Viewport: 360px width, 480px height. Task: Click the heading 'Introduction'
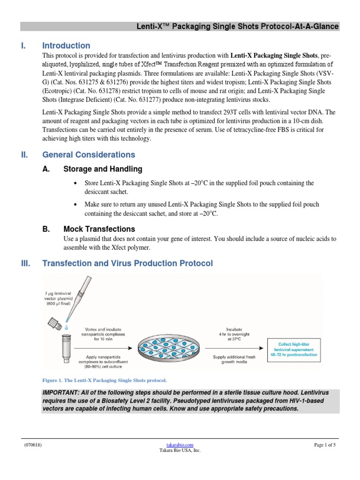[66, 46]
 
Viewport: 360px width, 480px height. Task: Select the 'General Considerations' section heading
[89, 155]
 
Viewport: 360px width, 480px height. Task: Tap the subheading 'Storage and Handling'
[103, 169]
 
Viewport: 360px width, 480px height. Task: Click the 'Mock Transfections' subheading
[99, 229]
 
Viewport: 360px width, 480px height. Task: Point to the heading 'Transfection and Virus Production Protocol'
[127, 263]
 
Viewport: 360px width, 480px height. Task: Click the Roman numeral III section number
[26, 263]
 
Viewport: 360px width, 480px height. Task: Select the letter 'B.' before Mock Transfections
[46, 229]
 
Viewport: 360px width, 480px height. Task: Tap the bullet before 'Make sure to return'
[75, 205]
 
